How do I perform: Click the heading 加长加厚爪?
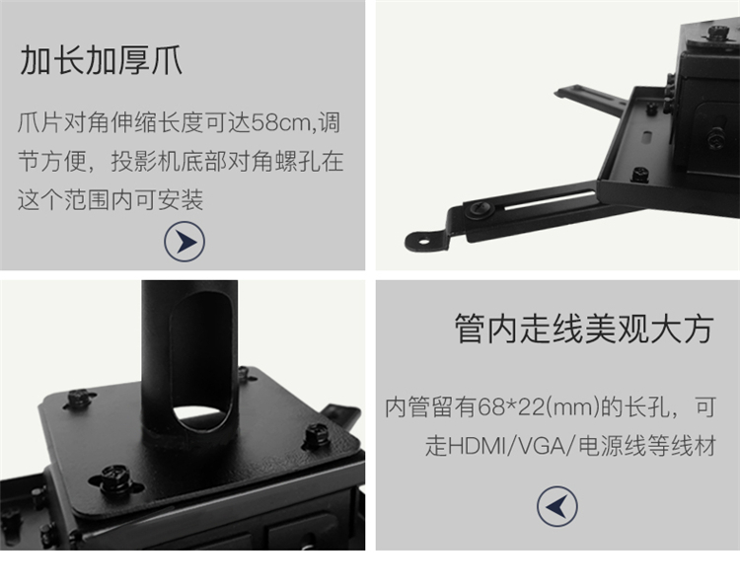(101, 60)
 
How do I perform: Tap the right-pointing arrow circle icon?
(185, 241)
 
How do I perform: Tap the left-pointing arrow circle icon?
(557, 506)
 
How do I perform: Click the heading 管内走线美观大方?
(584, 329)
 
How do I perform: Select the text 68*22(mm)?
(539, 406)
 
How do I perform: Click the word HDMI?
(477, 446)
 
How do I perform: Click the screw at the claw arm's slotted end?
(479, 209)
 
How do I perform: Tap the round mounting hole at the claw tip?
(424, 242)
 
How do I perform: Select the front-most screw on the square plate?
(113, 478)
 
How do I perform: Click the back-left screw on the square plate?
(78, 398)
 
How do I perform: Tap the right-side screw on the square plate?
(316, 436)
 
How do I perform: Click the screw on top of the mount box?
(718, 33)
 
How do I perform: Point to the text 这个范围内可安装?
(111, 199)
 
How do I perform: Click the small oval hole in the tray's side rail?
(647, 138)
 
